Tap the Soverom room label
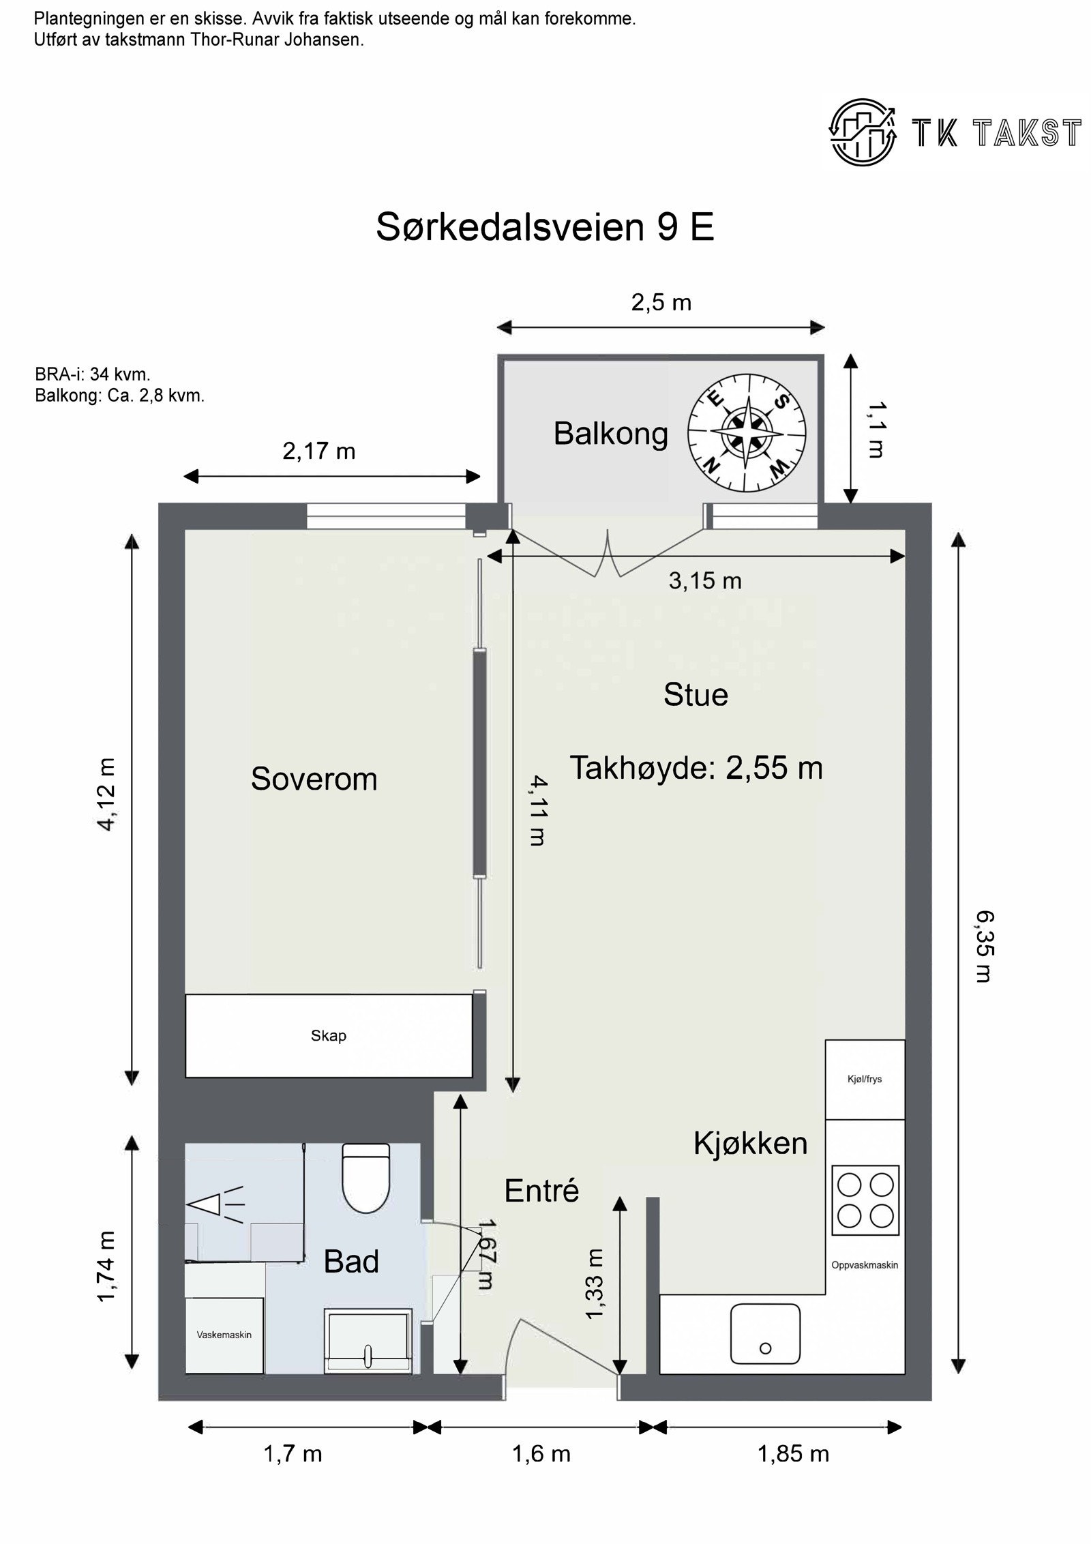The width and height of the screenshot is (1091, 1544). [314, 779]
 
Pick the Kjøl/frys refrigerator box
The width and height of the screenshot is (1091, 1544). [865, 1080]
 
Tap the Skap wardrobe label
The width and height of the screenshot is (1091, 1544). [329, 1036]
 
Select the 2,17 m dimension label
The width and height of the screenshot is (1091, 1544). [319, 451]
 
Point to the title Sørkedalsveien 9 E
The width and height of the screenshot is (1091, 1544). [545, 227]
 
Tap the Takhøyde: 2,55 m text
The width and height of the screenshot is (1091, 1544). [696, 768]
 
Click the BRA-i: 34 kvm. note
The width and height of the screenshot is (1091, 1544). [92, 374]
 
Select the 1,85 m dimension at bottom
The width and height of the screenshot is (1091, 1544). [793, 1453]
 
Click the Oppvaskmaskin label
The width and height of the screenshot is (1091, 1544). [865, 1265]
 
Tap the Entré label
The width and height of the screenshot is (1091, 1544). [541, 1191]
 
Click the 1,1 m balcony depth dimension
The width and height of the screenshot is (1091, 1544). [875, 429]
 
